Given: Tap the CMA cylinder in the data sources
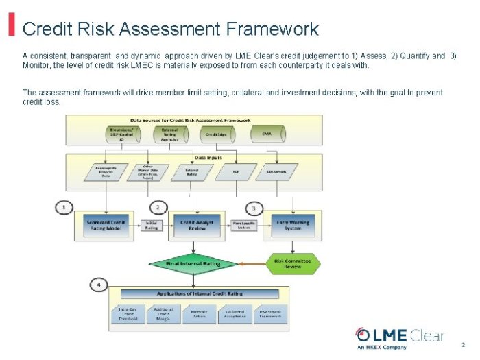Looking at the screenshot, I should pyautogui.click(x=267, y=135).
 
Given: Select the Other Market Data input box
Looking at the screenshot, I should pyautogui.click(x=147, y=171).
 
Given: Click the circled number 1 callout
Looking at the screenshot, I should pyautogui.click(x=63, y=206).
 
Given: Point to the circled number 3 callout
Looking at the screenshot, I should pyautogui.click(x=254, y=207).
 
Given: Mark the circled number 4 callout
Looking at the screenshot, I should pyautogui.click(x=99, y=284).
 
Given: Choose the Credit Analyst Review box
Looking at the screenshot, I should pyautogui.click(x=196, y=226).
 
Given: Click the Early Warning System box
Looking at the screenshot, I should pyautogui.click(x=293, y=226).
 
